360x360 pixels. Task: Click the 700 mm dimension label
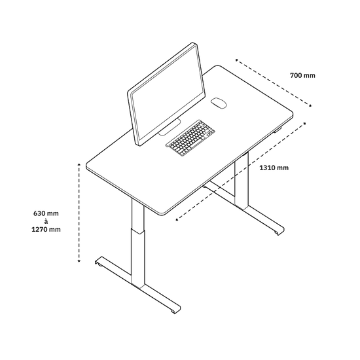[x=302, y=75]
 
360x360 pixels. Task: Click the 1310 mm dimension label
[x=274, y=168]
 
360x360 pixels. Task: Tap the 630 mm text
[x=46, y=213]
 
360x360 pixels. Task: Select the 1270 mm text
[x=46, y=229]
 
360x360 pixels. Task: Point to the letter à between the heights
[x=46, y=221]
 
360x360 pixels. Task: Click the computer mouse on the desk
[x=219, y=103]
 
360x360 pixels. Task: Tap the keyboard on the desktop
[x=190, y=137]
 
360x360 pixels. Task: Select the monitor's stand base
[x=170, y=128]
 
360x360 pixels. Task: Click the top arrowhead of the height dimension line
[x=79, y=164]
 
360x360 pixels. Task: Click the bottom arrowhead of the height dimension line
[x=79, y=261]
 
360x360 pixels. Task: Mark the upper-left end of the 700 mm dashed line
[x=236, y=60]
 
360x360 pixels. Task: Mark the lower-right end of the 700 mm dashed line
[x=311, y=106]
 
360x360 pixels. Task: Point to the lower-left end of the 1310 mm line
[x=177, y=220]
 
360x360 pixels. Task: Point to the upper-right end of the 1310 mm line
[x=304, y=124]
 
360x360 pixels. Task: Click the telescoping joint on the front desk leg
[x=138, y=231]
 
